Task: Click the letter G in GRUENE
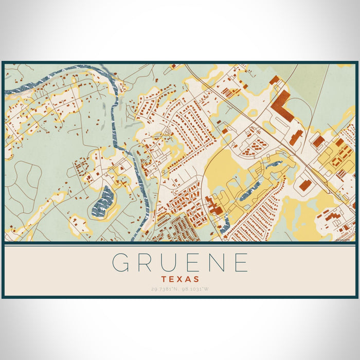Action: pos(120,263)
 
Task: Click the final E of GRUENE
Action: pos(241,263)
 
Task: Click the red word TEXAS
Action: pos(180,279)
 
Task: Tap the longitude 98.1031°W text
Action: pos(195,289)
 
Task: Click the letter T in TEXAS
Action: pos(164,279)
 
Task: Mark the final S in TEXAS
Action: pos(196,279)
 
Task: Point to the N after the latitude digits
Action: pos(178,289)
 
